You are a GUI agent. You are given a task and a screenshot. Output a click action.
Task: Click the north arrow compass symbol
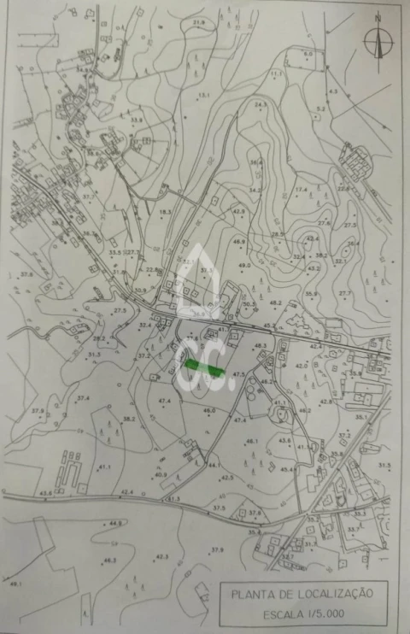tap(377, 39)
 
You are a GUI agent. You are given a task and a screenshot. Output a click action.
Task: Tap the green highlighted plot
tap(204, 367)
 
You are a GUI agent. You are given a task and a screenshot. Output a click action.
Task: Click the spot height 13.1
tap(204, 95)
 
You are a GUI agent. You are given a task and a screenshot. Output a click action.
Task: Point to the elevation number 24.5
tap(261, 104)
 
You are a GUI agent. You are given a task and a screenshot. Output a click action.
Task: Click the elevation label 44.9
tap(116, 522)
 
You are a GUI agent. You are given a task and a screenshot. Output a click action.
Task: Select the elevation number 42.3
tap(162, 556)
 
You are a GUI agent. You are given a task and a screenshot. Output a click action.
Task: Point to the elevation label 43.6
tap(44, 493)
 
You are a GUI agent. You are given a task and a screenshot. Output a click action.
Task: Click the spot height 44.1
tap(214, 466)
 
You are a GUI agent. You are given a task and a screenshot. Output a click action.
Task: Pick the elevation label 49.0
tap(245, 266)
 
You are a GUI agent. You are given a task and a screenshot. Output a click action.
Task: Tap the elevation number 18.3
tap(165, 211)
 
